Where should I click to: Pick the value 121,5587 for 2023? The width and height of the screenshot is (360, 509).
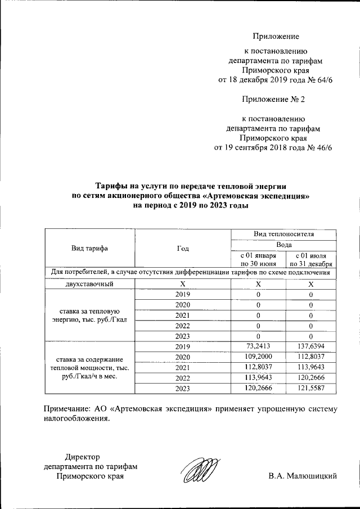pyautogui.click(x=312, y=389)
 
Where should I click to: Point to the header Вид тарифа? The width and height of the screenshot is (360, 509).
pyautogui.click(x=89, y=248)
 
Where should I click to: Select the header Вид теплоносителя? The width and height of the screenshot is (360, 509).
pyautogui.click(x=284, y=233)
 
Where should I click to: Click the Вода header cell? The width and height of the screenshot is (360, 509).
pyautogui.click(x=284, y=245)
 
